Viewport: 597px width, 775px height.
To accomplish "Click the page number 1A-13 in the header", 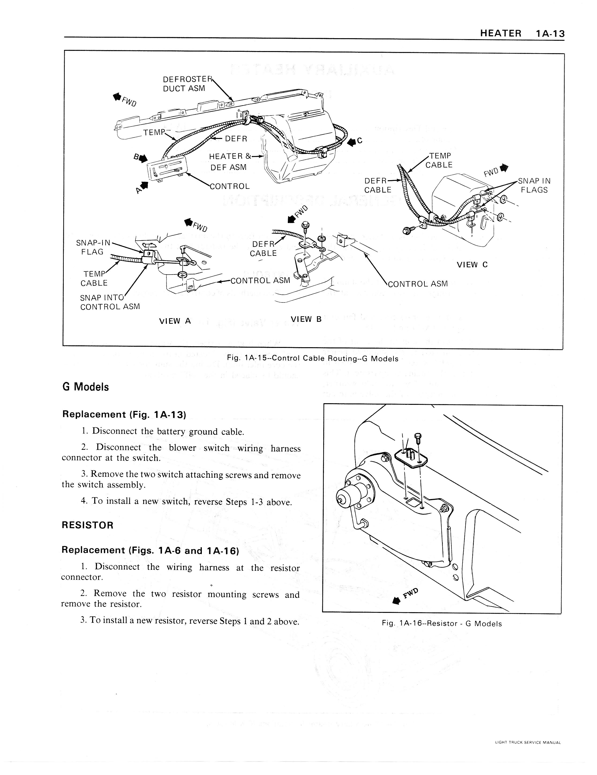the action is (550, 34).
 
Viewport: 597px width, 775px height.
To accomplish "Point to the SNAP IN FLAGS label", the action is (534, 185).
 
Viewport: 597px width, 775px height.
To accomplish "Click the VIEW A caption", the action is (175, 321).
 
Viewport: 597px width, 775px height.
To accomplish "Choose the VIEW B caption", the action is (306, 319).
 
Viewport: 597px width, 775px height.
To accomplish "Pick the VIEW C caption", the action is (472, 265).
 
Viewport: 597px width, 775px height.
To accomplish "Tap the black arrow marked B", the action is (142, 159).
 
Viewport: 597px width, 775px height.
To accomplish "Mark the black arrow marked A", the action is (144, 186).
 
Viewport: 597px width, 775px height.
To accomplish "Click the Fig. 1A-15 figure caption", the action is (312, 358).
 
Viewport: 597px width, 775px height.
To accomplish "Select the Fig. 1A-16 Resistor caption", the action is (442, 623).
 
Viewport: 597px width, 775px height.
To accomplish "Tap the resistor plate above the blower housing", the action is (411, 457).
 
